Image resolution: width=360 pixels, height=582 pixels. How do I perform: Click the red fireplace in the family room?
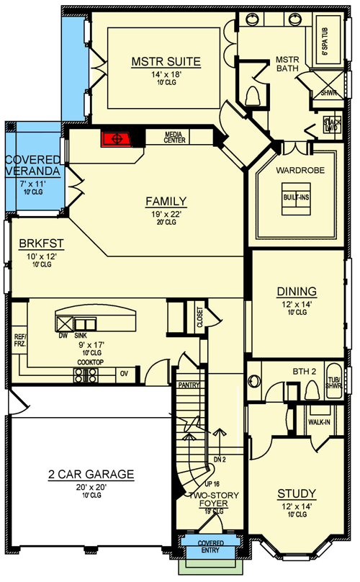point(114,138)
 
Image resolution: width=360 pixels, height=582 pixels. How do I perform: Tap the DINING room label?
point(297,291)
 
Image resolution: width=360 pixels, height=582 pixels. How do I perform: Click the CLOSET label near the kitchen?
point(199,318)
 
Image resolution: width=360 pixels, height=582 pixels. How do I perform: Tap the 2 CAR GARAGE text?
point(91,474)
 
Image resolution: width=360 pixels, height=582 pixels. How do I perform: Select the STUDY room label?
point(297,493)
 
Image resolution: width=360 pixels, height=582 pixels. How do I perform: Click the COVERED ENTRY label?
point(210,545)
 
